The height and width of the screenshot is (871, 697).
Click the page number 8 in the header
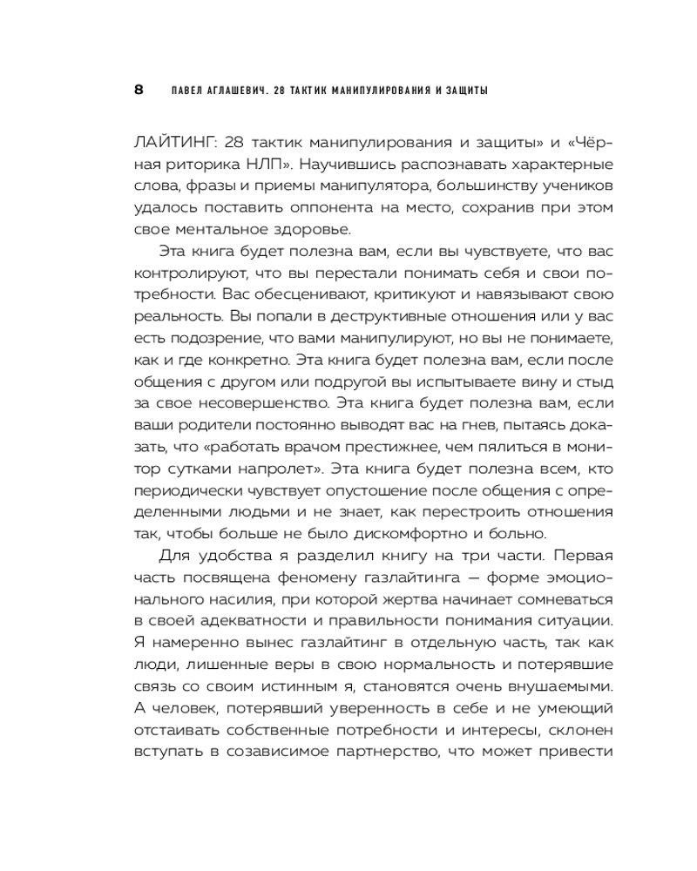[139, 90]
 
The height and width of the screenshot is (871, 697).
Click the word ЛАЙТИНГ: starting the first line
[172, 142]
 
